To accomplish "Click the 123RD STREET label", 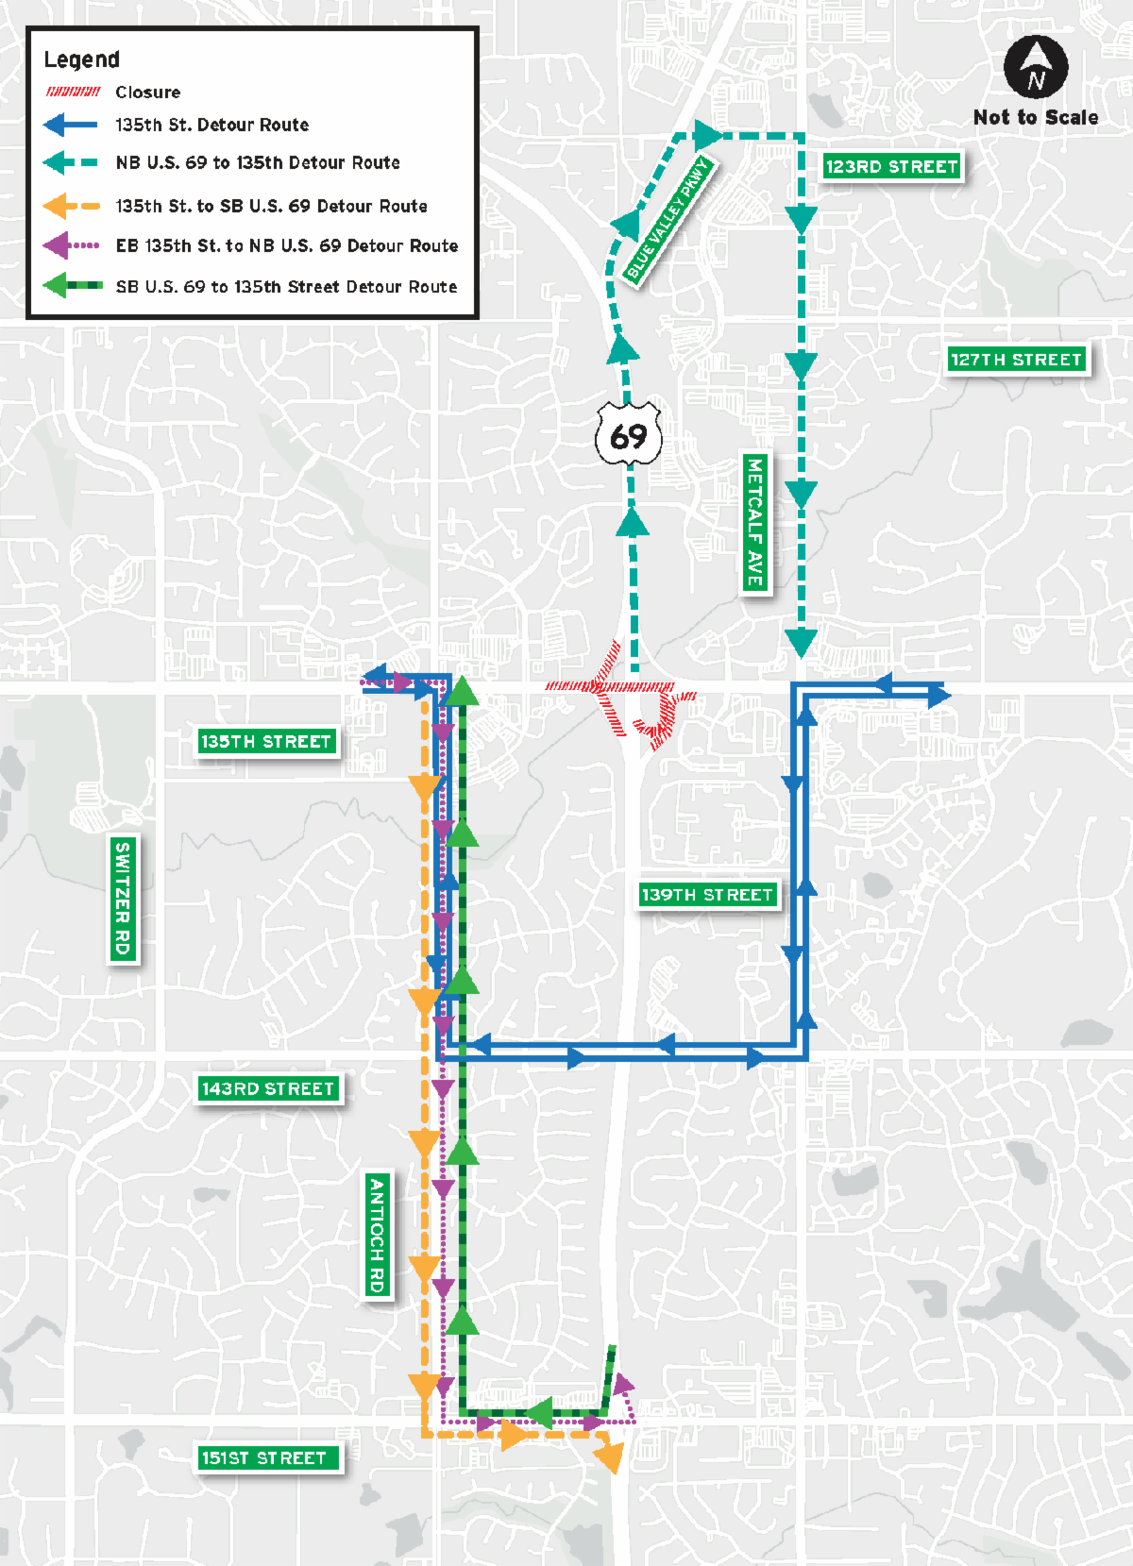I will click(891, 167).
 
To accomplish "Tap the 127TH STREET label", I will click(1016, 360).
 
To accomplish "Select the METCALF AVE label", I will click(754, 522).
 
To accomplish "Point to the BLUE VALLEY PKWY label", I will click(667, 219).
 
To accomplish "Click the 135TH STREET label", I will click(266, 742).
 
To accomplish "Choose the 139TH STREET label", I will click(707, 895).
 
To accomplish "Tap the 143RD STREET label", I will click(268, 1089).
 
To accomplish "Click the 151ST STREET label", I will click(264, 1458).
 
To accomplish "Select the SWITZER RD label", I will click(123, 899).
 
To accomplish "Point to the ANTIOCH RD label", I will click(377, 1236).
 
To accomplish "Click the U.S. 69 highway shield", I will click(628, 436).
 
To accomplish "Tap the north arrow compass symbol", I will click(1036, 68).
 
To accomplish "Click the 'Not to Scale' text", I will click(1036, 118).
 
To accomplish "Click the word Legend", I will click(82, 59).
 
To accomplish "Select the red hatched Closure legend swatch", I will click(74, 92).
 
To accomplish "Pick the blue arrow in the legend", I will click(71, 125).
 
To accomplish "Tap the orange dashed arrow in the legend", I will click(71, 206).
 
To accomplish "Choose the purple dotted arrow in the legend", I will click(71, 245).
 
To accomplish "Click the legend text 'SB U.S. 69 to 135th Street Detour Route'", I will click(286, 287).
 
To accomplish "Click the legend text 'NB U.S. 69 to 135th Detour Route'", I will click(258, 162).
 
